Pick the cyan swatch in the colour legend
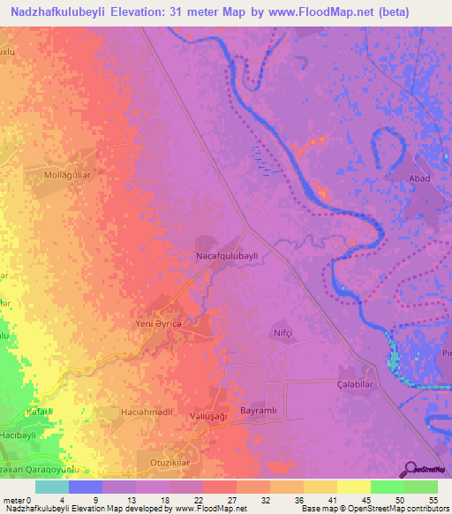[52, 487]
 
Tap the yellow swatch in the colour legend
[353, 487]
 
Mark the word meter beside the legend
[14, 499]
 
